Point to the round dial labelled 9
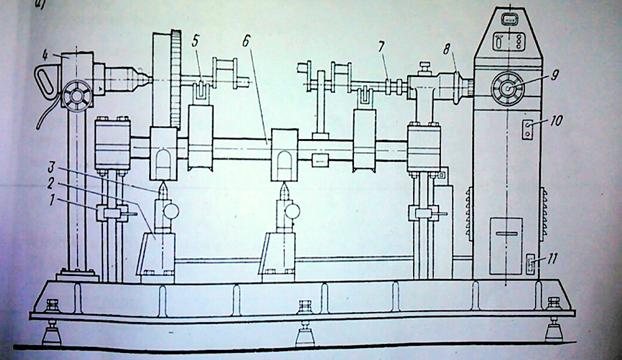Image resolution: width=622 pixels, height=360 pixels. point(508,89)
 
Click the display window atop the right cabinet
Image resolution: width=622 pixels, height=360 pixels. point(509,20)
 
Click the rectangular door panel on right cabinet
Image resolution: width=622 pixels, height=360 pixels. point(506,237)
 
